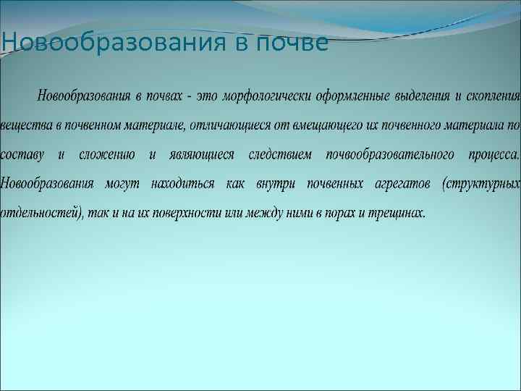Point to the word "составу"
pos(22,155)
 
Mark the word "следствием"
pos(279,155)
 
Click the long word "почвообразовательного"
pos(390,155)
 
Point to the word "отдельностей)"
pos(43,214)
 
